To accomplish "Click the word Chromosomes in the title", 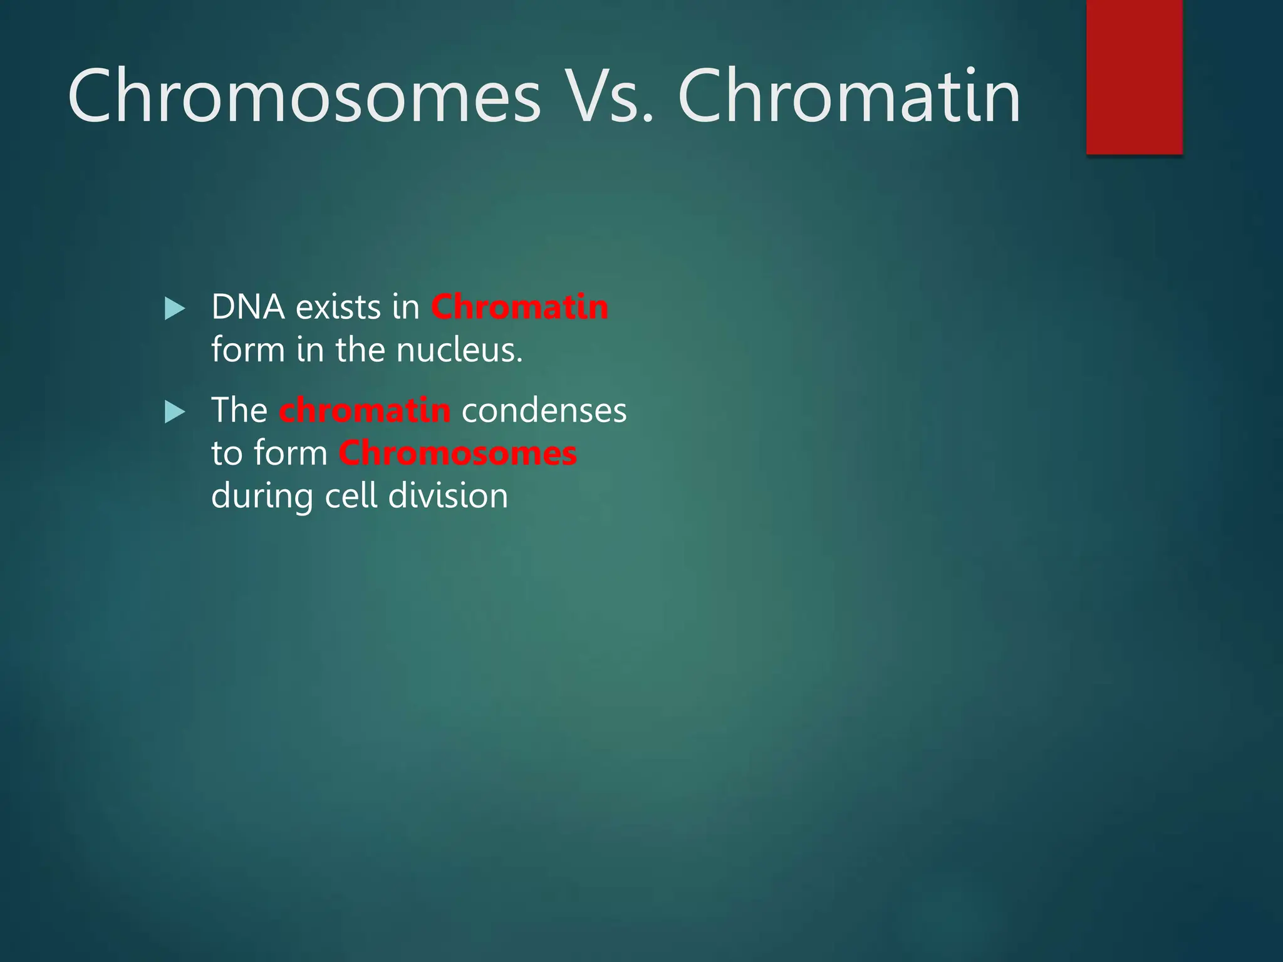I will point(304,97).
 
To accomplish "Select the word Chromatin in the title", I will point(849,97).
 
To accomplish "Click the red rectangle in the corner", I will point(1134,76).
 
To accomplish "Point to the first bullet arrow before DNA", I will point(175,309).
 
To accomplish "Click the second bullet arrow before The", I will point(175,412).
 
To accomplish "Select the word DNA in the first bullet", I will point(248,308).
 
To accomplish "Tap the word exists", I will point(338,308).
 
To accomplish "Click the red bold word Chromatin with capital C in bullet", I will point(519,308).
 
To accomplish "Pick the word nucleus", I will point(459,349).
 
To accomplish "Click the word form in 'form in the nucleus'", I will point(248,349).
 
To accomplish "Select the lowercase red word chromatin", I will point(365,411).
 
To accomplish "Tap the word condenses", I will point(544,411).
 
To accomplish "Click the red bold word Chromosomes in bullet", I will point(457,453).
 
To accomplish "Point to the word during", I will point(262,496).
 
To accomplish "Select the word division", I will point(448,496).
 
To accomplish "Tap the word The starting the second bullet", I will point(239,411).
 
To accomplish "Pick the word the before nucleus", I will point(360,349).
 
